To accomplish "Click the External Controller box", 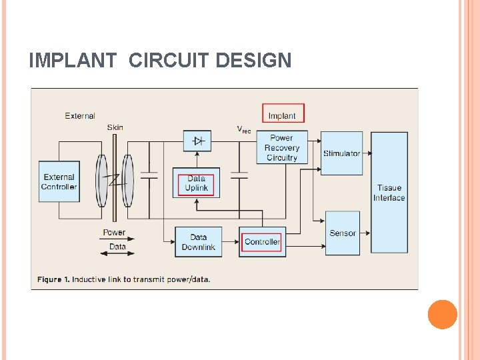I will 59,181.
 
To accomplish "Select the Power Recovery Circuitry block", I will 282,147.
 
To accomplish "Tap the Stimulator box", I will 341,153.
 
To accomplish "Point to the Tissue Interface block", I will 389,193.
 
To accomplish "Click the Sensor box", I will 342,233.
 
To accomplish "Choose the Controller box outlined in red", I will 262,241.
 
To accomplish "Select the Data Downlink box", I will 198,242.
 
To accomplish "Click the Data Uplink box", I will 196,183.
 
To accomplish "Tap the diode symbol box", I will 197,141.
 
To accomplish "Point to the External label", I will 80,116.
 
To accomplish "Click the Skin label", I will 115,127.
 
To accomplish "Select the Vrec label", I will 244,129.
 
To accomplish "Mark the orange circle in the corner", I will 443,315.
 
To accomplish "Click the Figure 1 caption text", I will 124,279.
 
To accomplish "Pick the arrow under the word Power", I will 114,240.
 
